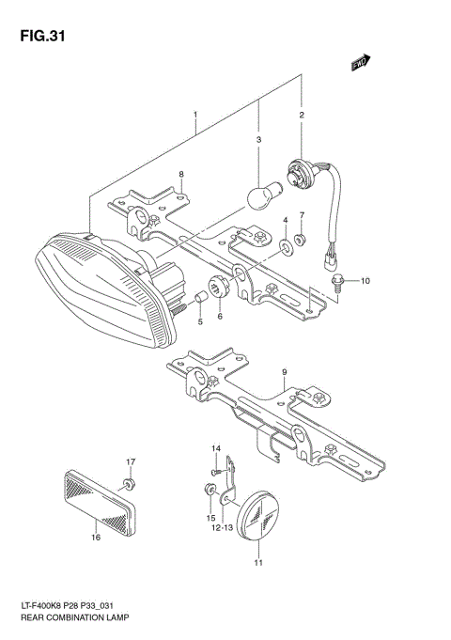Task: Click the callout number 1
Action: click(194, 116)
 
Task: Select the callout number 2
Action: click(302, 116)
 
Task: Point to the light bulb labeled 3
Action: click(260, 195)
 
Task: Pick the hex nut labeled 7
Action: click(300, 240)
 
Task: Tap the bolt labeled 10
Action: click(337, 279)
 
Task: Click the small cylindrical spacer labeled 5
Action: click(199, 300)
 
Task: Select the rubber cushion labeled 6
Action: click(223, 289)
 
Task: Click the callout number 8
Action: click(182, 175)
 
